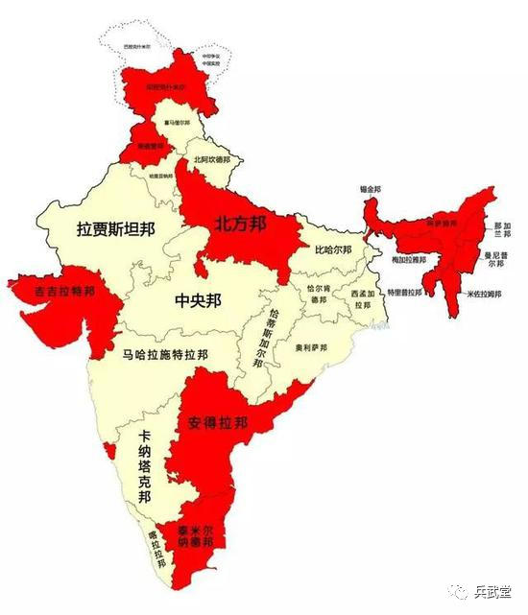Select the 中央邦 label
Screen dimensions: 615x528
pos(198,301)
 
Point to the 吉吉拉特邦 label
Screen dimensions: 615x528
pos(65,291)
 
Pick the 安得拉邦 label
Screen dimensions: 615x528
pos(217,422)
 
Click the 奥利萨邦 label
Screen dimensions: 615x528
pos(311,346)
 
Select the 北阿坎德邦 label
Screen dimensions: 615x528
pos(212,159)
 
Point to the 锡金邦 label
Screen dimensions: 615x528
pos(367,189)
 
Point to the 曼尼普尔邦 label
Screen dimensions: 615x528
pos(495,259)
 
